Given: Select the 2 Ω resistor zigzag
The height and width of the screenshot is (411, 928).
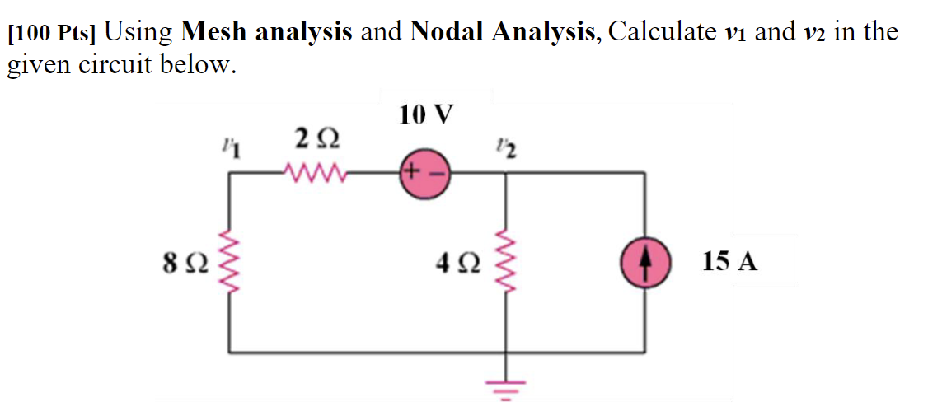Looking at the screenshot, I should pyautogui.click(x=310, y=174).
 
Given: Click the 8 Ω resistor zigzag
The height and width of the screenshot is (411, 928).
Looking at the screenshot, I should pyautogui.click(x=228, y=263).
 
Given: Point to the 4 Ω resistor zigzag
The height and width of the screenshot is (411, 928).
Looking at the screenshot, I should pyautogui.click(x=504, y=263).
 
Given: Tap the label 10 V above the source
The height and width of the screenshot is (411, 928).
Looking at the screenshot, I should pyautogui.click(x=426, y=114).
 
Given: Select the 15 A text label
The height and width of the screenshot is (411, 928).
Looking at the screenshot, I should pyautogui.click(x=729, y=263).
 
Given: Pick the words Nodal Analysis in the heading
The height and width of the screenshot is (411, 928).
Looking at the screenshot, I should pyautogui.click(x=504, y=32).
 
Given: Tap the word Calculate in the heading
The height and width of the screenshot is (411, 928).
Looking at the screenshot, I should pyautogui.click(x=661, y=32).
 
